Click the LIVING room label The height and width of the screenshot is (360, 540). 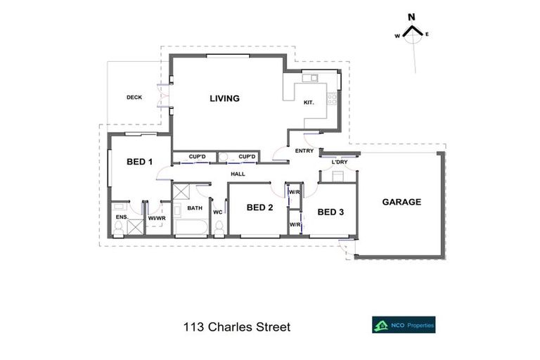click(x=224, y=98)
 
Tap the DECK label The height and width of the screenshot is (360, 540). click(x=134, y=98)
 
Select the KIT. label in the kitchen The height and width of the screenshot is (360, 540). click(x=308, y=103)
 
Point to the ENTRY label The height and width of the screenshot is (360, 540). click(x=304, y=150)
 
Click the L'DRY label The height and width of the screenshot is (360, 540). click(x=340, y=162)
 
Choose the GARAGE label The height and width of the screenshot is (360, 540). click(x=401, y=202)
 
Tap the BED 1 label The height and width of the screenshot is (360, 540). click(x=139, y=162)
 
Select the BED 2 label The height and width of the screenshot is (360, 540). click(x=259, y=207)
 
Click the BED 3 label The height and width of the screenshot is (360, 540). click(x=330, y=212)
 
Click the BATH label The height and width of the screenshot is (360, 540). click(x=195, y=208)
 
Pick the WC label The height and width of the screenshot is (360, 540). click(x=217, y=212)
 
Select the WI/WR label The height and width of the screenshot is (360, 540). click(x=156, y=218)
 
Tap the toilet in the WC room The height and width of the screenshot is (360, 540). click(x=219, y=228)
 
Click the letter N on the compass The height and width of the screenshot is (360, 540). click(x=413, y=18)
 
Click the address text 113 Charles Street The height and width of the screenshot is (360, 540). click(x=236, y=327)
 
